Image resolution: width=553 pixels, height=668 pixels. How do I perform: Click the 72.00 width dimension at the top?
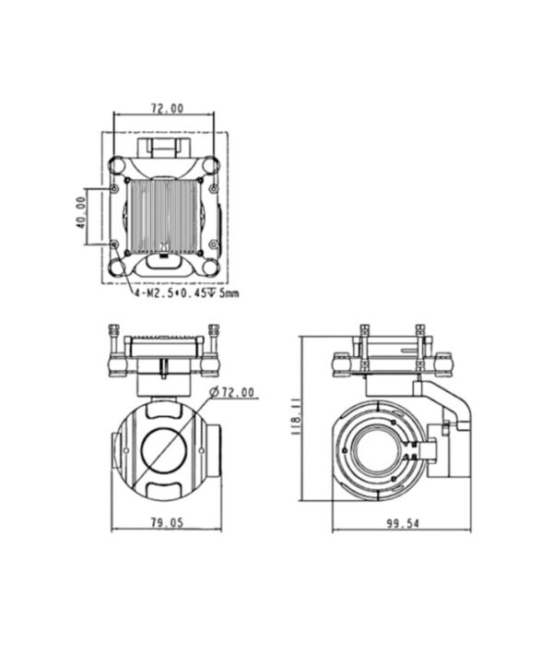[x=168, y=108]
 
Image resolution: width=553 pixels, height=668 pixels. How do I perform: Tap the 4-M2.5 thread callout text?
[x=186, y=293]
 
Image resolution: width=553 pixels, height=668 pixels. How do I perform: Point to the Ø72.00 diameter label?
[x=232, y=392]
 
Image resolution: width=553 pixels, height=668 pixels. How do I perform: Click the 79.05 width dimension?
[x=167, y=522]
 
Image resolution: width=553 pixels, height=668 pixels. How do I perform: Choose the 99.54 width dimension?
[x=402, y=523]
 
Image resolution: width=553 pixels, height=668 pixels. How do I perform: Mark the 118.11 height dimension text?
[x=296, y=416]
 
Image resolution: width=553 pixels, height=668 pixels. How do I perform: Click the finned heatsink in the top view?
[x=163, y=216]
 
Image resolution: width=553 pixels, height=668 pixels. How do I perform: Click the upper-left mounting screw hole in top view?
[x=114, y=188]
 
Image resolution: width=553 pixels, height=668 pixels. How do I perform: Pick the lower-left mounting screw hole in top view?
[x=114, y=245]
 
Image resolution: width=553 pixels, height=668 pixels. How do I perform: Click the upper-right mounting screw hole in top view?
[x=214, y=188]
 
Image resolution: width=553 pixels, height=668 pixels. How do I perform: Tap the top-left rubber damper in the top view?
[x=116, y=165]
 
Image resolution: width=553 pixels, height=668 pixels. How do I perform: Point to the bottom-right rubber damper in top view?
[x=211, y=268]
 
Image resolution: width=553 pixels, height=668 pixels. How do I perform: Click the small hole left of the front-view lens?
[x=126, y=450]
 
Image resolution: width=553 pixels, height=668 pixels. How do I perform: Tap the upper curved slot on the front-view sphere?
[x=164, y=410]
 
